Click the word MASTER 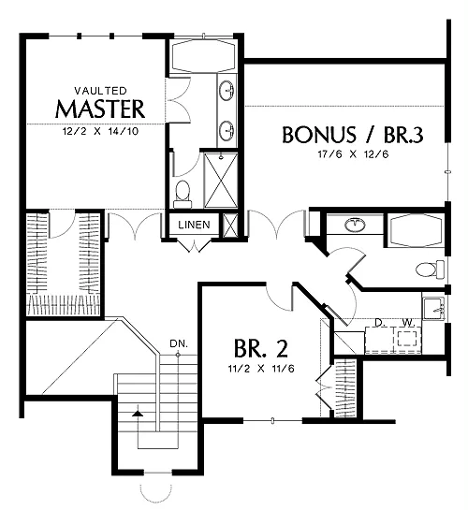coord(100,109)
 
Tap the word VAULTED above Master coord(100,90)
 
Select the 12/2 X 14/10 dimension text coord(100,131)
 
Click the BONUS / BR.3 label coord(353,135)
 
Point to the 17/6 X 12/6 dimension coord(353,154)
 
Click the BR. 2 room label coord(261,348)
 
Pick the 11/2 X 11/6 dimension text coord(261,369)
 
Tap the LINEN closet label coord(194,225)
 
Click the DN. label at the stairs coord(179,343)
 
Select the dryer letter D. coord(378,323)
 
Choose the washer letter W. coord(408,323)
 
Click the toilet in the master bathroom coord(183,195)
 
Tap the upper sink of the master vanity coord(227,90)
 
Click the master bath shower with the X coord(221,181)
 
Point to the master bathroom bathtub coord(203,55)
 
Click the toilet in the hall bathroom coord(431,270)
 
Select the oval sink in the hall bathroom coord(356,225)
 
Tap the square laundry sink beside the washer coord(434,309)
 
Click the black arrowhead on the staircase coord(138,413)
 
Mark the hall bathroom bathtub coord(417,230)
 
